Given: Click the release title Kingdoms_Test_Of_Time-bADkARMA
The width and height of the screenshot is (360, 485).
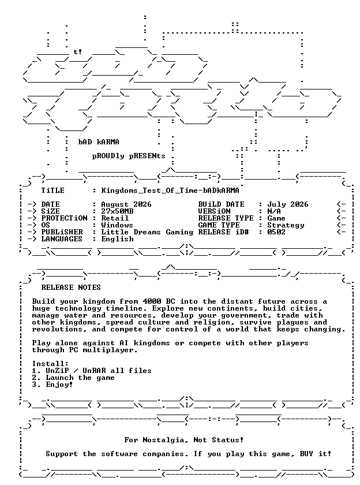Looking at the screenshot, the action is [x=170, y=191].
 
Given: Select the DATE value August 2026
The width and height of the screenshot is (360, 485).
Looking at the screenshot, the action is [x=126, y=204].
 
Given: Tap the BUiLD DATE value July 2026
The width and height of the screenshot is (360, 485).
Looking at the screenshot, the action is [x=288, y=204].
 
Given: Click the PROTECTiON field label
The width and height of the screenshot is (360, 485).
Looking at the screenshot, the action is [x=64, y=218].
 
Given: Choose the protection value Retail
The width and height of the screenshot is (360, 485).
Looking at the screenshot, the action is [x=115, y=218].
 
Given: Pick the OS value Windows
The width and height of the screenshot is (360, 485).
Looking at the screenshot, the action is [x=117, y=225].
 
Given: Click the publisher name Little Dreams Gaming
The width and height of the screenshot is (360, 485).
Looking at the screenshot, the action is [x=147, y=232].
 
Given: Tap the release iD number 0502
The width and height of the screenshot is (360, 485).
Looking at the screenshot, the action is [x=276, y=232].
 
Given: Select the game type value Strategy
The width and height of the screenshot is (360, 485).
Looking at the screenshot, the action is [x=286, y=225].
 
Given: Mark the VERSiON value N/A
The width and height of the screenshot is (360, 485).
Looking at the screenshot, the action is [x=274, y=211].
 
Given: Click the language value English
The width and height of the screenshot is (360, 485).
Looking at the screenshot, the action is [x=118, y=239].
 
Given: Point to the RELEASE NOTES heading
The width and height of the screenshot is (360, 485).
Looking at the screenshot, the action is [x=71, y=288].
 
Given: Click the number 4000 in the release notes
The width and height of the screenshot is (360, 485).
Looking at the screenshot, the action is [x=152, y=301].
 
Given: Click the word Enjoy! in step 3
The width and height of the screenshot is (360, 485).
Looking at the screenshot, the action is [x=59, y=385].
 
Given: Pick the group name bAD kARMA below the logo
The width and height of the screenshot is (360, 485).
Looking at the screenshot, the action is [x=99, y=142].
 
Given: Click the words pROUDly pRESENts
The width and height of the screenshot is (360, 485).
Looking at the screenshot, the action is [x=129, y=156].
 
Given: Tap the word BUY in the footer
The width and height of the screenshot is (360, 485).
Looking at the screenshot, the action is [x=306, y=454].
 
